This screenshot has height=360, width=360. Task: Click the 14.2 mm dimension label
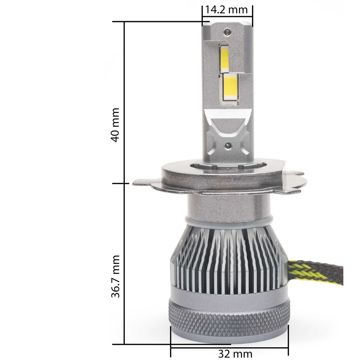[x=227, y=9]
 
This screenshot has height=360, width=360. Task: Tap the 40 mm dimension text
[x=115, y=125]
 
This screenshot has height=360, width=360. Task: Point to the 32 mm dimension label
[x=230, y=353]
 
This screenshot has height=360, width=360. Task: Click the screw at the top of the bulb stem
[x=227, y=32]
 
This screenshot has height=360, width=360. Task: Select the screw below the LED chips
[x=227, y=145]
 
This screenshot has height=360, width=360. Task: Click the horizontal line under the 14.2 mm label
[x=227, y=16]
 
